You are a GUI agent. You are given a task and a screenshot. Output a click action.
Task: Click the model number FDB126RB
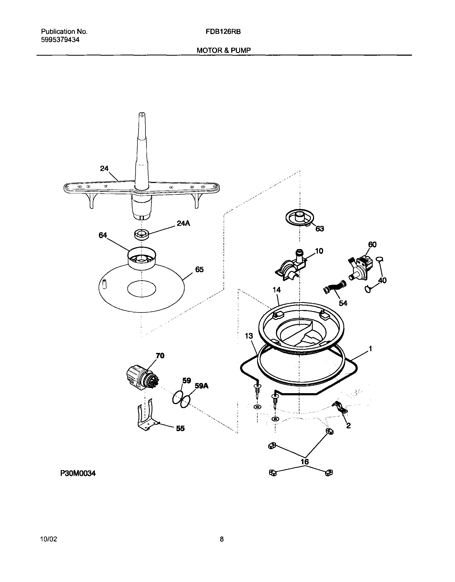tap(223, 32)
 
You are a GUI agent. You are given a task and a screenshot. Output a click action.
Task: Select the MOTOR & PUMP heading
tap(224, 50)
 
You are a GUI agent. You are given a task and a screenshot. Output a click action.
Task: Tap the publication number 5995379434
tap(60, 40)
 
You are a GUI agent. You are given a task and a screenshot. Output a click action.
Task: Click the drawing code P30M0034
tap(78, 473)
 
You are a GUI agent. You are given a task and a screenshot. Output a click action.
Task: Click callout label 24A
tap(183, 223)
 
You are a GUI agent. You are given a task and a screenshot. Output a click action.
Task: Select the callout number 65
tap(199, 270)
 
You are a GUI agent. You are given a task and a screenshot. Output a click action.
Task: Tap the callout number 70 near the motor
tap(160, 356)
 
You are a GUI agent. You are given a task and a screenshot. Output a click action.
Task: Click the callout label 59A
tap(202, 386)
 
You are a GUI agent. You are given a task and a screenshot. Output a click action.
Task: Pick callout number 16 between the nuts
tap(305, 462)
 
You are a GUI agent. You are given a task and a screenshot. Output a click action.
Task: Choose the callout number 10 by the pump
tap(319, 251)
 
